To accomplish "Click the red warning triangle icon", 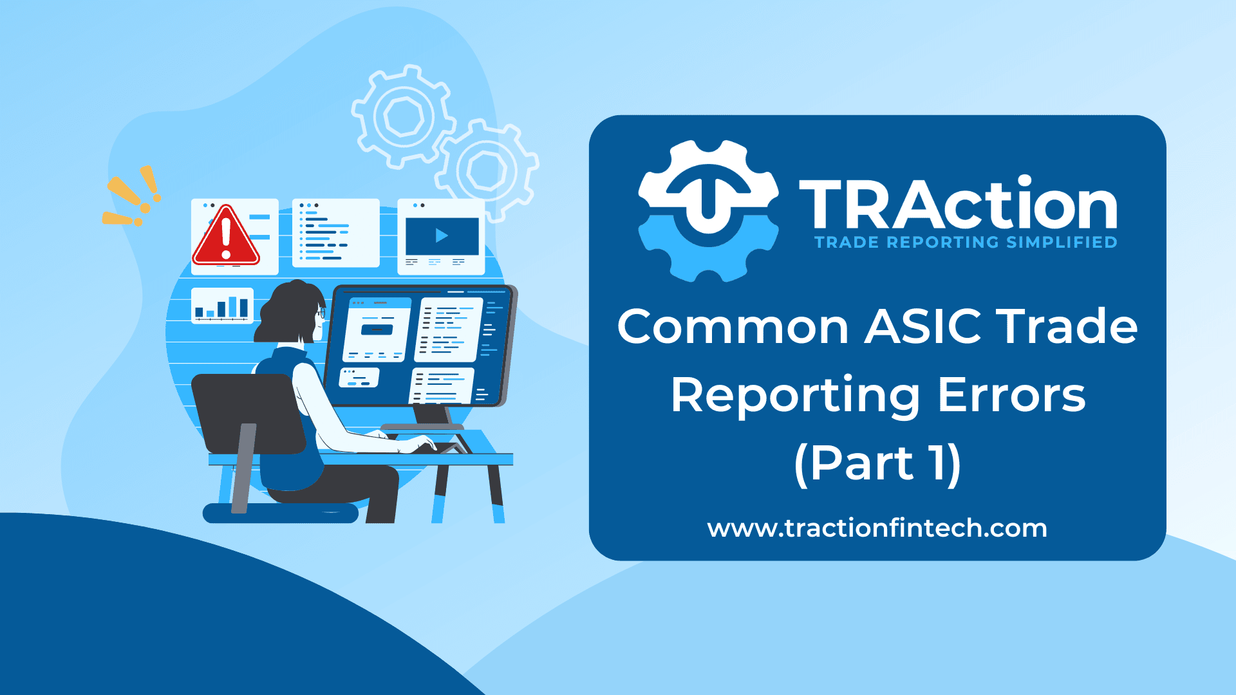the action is click(226, 237).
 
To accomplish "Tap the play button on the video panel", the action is click(442, 236).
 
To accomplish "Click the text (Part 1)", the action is click(877, 463).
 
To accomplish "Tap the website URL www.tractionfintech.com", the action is click(877, 528).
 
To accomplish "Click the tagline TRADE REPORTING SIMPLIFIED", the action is click(966, 243).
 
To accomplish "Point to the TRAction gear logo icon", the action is click(708, 211).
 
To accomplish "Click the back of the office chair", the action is click(248, 412).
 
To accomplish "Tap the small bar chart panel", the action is click(222, 305).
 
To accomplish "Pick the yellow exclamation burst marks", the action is click(132, 196).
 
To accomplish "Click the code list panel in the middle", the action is click(335, 232).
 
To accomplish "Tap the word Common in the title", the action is click(733, 326).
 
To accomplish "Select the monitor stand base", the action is click(422, 427).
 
